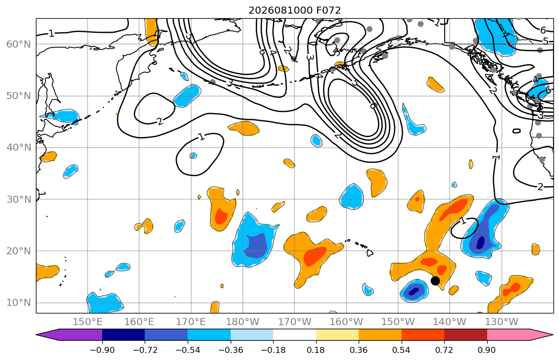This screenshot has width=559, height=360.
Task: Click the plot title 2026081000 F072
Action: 294,10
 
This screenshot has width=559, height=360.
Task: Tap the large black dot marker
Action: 435,281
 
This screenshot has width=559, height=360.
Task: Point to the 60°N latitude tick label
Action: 19,44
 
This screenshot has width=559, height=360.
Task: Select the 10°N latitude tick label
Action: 19,303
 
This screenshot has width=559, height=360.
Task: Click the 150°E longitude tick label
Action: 88,322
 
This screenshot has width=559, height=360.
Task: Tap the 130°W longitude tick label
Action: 502,322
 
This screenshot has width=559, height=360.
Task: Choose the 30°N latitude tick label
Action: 19,199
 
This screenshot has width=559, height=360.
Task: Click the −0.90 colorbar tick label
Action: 102,350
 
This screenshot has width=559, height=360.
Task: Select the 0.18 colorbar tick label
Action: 316,350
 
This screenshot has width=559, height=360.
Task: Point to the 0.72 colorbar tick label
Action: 444,350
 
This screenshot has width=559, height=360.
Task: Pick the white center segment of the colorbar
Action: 294,335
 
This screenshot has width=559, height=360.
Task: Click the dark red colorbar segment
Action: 465,335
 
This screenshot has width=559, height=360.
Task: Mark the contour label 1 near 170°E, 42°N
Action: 201,137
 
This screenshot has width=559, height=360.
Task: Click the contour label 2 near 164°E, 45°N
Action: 160,121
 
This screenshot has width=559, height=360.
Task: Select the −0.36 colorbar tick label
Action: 230,350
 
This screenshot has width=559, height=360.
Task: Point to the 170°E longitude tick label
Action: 191,322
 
